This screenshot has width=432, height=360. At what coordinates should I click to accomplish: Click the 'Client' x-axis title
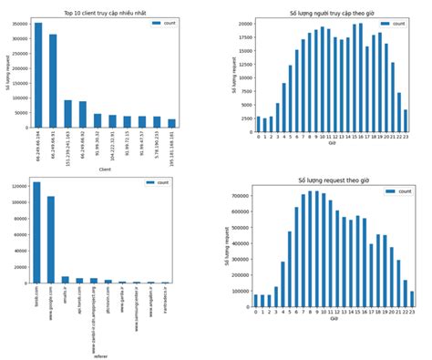105,169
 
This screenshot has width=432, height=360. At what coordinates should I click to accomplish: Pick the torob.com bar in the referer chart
36,233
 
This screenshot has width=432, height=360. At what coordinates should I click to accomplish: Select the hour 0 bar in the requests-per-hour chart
259,301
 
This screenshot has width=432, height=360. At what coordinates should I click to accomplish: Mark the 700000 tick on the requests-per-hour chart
242,196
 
